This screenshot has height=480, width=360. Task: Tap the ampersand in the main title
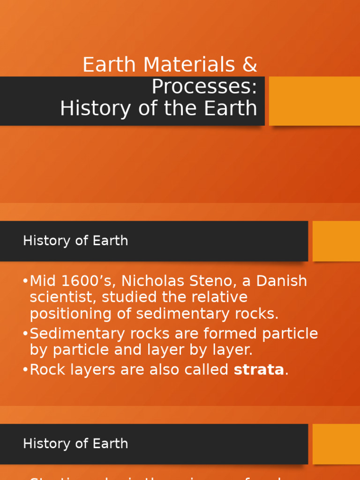(250, 65)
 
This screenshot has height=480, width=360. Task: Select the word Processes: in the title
(204, 87)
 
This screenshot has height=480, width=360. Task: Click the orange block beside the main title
(314, 101)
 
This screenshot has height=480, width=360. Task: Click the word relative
(221, 298)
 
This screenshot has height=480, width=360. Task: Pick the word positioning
(67, 314)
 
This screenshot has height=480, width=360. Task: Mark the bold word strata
(259, 370)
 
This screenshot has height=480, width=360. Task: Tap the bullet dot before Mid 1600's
(25, 281)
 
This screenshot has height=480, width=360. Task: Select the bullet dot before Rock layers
(25, 370)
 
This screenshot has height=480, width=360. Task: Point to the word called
(206, 370)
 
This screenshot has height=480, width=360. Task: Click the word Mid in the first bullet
(43, 281)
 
